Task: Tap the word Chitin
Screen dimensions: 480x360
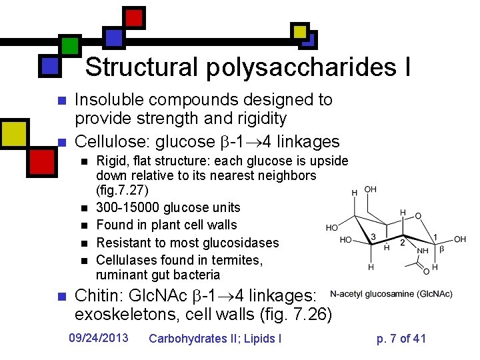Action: point(97,295)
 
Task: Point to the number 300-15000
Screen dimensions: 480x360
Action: point(131,208)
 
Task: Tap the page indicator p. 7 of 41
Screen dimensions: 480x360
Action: point(401,338)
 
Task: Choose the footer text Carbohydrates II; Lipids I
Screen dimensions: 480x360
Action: point(215,338)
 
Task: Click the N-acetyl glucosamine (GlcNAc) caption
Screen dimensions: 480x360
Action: point(391,293)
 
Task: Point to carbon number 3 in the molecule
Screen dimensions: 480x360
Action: point(375,237)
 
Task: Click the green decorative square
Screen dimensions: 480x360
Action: point(69,45)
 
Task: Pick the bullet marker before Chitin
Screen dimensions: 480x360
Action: point(61,296)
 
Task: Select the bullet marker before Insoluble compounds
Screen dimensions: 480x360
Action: point(61,101)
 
